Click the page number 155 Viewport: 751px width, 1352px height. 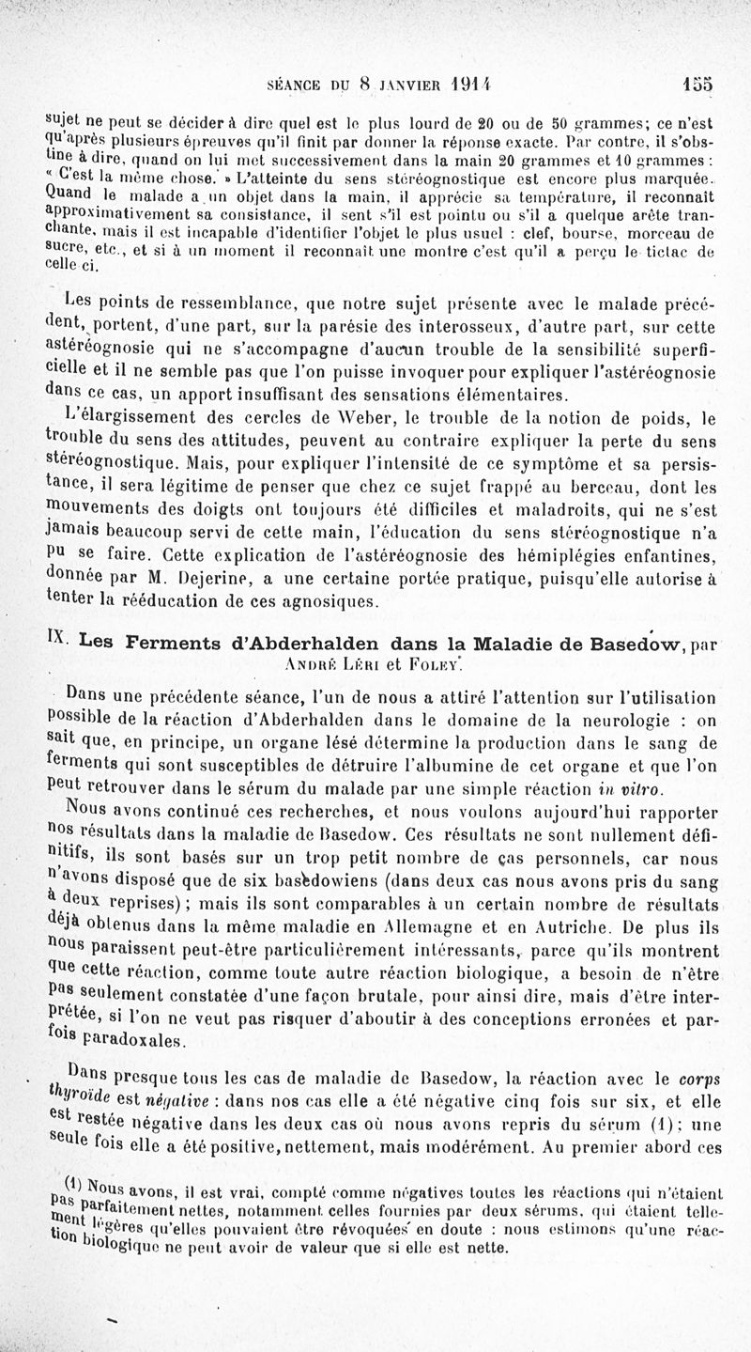tap(698, 82)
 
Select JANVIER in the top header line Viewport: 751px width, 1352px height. tap(407, 83)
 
